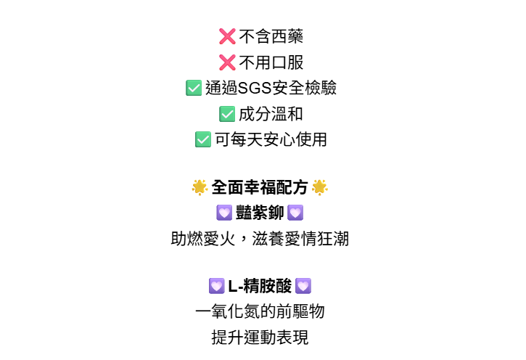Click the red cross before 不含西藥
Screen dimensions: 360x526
(227, 37)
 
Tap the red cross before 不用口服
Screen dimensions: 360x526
(227, 62)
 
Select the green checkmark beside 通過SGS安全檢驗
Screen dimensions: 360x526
(194, 89)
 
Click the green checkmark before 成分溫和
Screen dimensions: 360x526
(227, 114)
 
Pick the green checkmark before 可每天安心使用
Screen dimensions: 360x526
(203, 139)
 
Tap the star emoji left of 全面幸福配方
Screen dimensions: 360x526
(200, 188)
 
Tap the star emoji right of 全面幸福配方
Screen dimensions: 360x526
(319, 188)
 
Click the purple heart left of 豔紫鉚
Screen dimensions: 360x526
(224, 213)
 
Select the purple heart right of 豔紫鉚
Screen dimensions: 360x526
(295, 213)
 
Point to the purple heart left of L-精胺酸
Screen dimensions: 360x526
(216, 287)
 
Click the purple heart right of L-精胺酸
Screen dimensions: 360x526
(303, 287)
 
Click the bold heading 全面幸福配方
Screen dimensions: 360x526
(260, 188)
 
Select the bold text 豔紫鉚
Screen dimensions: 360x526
(260, 213)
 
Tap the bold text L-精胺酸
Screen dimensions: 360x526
(260, 287)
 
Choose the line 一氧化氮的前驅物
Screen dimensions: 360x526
(260, 312)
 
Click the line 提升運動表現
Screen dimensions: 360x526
(260, 337)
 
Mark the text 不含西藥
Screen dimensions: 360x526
(271, 37)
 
